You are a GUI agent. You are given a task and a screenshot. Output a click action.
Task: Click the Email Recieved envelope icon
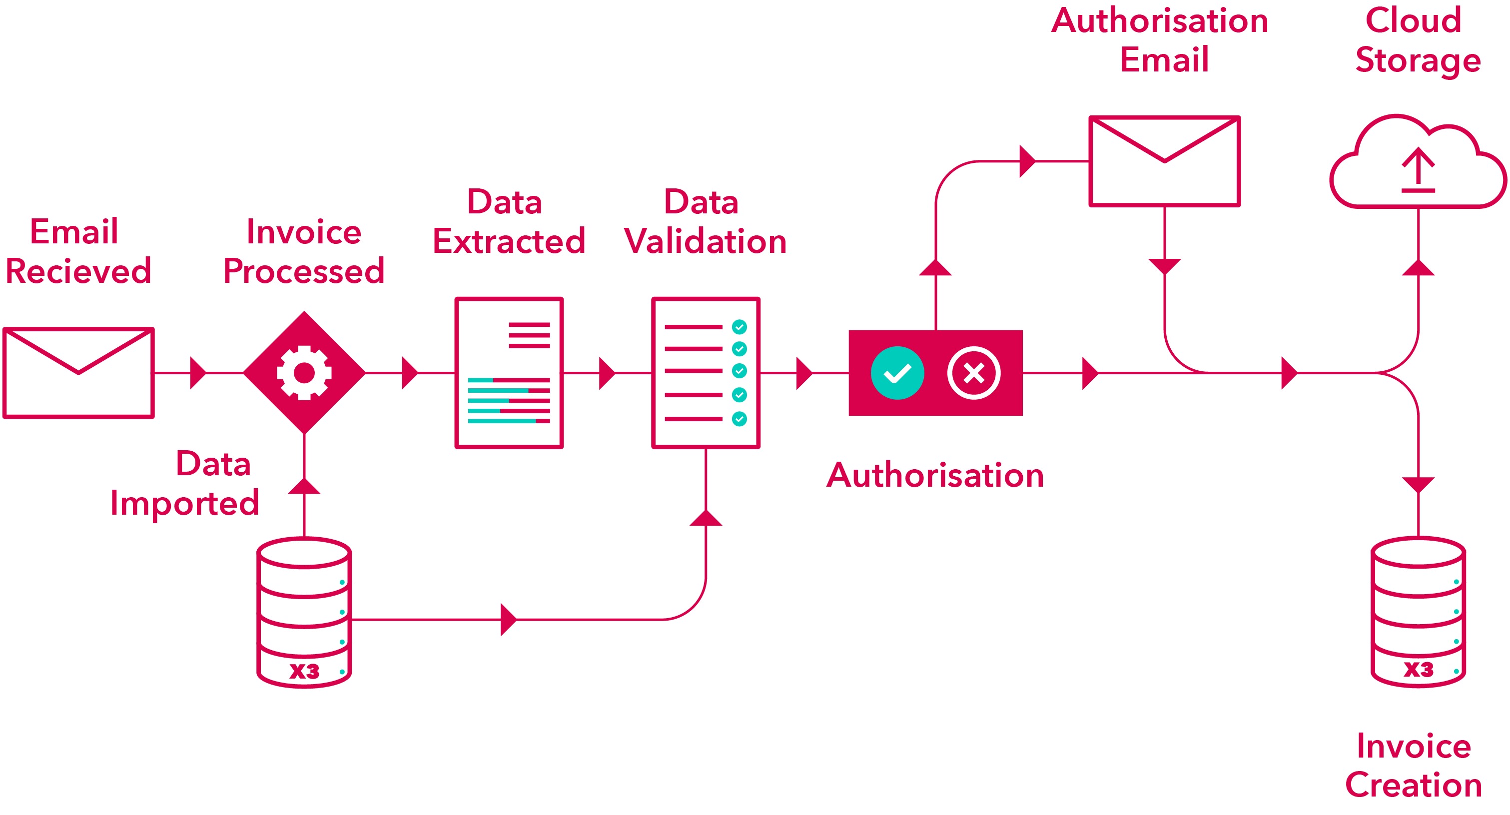pos(78,373)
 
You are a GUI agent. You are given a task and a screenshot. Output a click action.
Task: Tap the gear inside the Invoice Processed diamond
pos(304,373)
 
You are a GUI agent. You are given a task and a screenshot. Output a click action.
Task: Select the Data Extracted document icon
pos(509,373)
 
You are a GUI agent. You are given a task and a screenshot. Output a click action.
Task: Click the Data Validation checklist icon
pos(706,373)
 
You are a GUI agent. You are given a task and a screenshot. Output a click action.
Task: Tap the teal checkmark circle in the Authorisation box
pos(897,373)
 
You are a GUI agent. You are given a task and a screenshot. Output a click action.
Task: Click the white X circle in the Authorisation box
pos(974,373)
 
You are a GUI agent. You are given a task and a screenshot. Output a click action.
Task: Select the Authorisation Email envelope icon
pos(1164,161)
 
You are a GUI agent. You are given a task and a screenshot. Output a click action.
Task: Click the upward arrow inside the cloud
pos(1418,169)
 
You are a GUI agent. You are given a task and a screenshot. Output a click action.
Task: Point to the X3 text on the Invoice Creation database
pos(1418,670)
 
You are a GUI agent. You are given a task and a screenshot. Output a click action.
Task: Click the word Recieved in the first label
pos(78,271)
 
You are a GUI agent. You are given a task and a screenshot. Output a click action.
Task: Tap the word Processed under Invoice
pos(304,271)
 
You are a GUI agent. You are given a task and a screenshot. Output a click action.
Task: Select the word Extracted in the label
pos(509,241)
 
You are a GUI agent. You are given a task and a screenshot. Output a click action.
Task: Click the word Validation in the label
pos(705,241)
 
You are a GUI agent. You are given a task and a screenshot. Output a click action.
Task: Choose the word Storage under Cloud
pos(1418,60)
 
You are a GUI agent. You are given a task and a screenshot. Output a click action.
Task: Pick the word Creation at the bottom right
pos(1413,785)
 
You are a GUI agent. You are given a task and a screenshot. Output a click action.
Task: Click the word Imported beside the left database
pos(185,503)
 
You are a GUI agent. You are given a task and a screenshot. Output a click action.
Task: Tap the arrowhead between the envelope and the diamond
pos(197,373)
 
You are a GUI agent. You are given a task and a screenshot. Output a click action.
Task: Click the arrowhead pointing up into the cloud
pos(1418,268)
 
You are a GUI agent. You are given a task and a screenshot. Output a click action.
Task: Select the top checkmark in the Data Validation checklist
pos(739,327)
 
